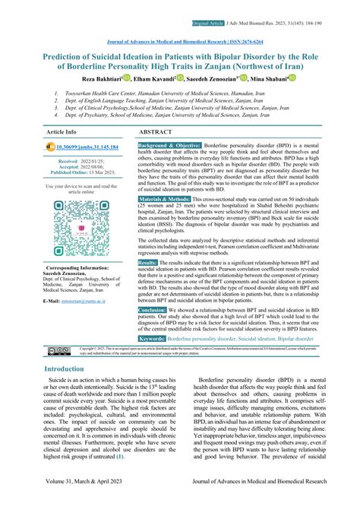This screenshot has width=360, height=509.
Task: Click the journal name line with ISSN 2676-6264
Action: pos(179,43)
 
